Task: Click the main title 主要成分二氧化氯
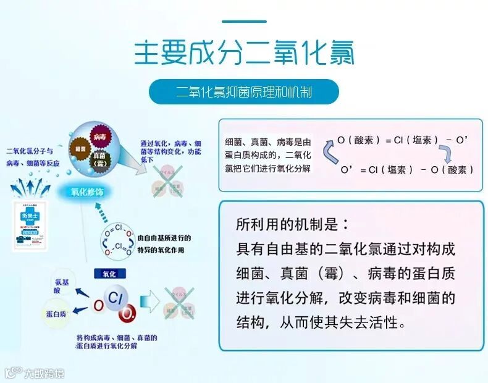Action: click(x=244, y=53)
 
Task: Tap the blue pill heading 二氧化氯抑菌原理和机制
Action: click(x=243, y=92)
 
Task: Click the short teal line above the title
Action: click(x=244, y=22)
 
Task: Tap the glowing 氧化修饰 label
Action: click(x=86, y=192)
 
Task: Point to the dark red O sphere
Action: click(x=127, y=314)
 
